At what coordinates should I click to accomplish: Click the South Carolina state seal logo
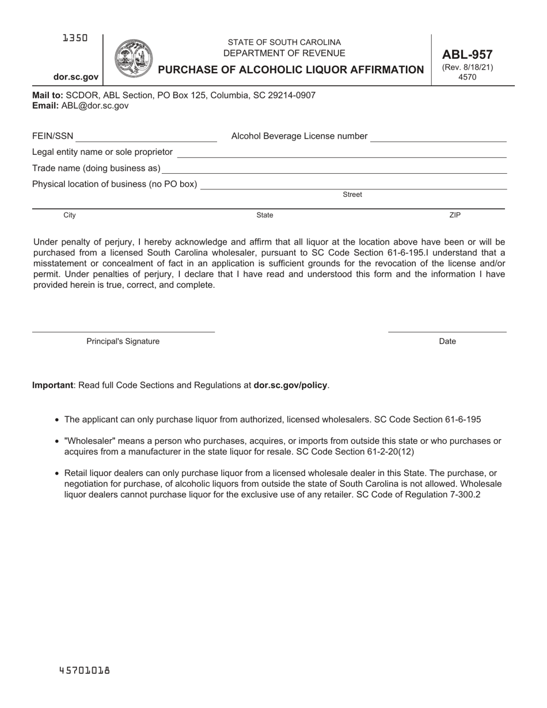(x=134, y=58)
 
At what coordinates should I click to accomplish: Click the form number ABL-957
(x=467, y=55)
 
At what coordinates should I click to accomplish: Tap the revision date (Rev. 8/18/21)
(x=467, y=67)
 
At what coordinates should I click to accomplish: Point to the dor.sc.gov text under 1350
(x=76, y=77)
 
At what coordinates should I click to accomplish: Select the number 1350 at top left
(x=75, y=38)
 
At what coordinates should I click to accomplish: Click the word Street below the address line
(x=352, y=195)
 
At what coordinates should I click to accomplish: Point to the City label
(x=70, y=215)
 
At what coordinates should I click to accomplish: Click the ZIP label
(x=455, y=215)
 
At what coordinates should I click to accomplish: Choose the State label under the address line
(x=265, y=215)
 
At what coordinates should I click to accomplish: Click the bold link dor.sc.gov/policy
(x=290, y=385)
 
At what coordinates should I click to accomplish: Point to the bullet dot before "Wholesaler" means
(x=56, y=442)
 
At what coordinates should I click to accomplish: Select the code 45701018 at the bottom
(x=85, y=671)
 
